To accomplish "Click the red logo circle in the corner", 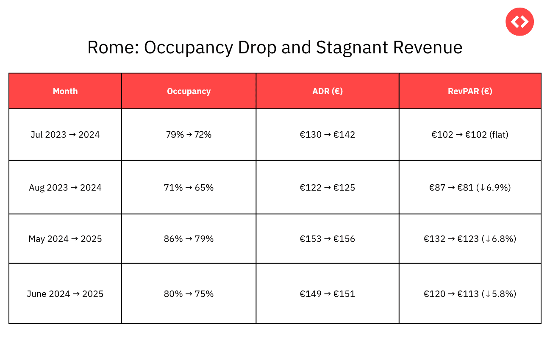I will [519, 22].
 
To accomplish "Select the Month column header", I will [65, 91].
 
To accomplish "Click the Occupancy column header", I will [189, 91].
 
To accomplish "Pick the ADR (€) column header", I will [328, 91].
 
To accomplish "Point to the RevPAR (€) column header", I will [470, 91].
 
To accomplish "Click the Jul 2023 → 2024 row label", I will [65, 135].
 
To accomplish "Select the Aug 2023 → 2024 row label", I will [65, 188].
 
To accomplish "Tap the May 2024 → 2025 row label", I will [65, 239].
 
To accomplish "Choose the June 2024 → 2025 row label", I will [65, 294].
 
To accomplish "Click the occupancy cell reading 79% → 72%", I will [189, 135].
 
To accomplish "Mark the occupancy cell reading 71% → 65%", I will [189, 188].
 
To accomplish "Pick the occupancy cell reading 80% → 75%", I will [189, 294].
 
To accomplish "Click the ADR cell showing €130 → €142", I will [328, 135].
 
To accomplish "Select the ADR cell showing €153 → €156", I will [328, 239].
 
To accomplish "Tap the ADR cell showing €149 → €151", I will [328, 294].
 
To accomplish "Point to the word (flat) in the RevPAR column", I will [498, 135].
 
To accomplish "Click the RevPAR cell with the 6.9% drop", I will [470, 188].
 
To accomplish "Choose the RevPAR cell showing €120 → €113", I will [470, 294].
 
